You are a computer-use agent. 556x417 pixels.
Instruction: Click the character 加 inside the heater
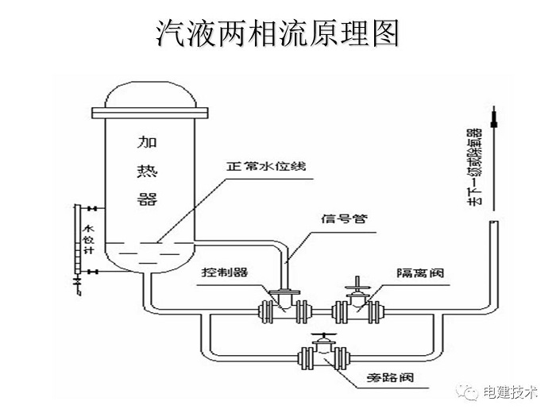pyautogui.click(x=148, y=143)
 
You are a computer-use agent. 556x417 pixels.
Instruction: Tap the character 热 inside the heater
pyautogui.click(x=148, y=172)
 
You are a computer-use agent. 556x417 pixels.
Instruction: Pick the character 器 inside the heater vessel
pyautogui.click(x=148, y=199)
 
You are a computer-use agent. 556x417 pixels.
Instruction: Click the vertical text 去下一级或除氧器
pyautogui.click(x=474, y=168)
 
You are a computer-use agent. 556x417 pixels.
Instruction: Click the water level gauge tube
pyautogui.click(x=75, y=238)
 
